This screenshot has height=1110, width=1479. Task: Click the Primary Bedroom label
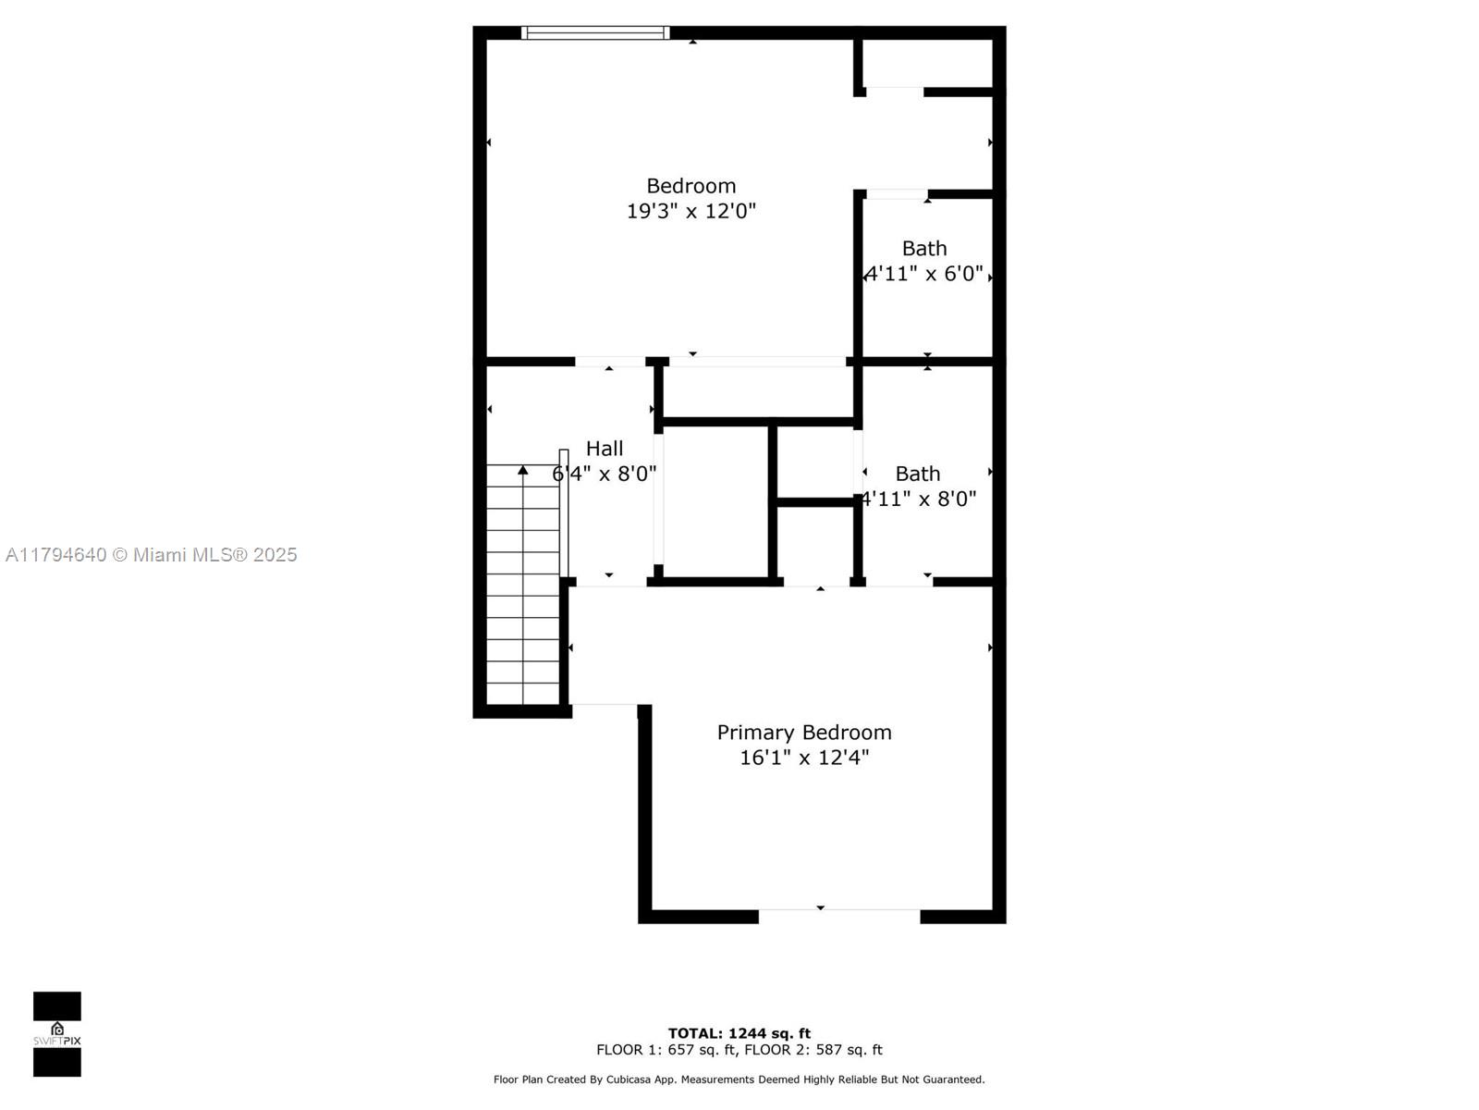pyautogui.click(x=804, y=733)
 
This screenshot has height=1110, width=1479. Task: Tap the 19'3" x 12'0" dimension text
pyautogui.click(x=691, y=211)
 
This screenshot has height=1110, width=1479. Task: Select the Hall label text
pyautogui.click(x=605, y=449)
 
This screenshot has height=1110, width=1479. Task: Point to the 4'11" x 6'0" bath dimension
pyautogui.click(x=923, y=274)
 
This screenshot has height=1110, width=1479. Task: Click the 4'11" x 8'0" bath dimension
pyautogui.click(x=918, y=499)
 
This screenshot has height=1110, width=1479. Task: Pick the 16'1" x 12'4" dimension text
pyautogui.click(x=804, y=758)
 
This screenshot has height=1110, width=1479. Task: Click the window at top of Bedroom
pyautogui.click(x=594, y=33)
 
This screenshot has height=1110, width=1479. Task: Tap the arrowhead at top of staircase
pyautogui.click(x=523, y=471)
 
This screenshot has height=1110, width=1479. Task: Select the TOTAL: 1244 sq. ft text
pyautogui.click(x=739, y=1033)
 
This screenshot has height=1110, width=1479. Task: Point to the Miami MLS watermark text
pyautogui.click(x=152, y=555)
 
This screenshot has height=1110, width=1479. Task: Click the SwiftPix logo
pyautogui.click(x=57, y=1034)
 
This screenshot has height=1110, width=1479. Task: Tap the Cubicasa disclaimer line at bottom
pyautogui.click(x=739, y=1079)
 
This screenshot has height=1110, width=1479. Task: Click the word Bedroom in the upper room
pyautogui.click(x=691, y=186)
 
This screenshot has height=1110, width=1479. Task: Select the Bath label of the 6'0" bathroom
pyautogui.click(x=924, y=249)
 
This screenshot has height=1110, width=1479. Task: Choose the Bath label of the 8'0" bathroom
pyautogui.click(x=918, y=474)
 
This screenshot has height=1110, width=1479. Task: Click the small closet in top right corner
pyautogui.click(x=927, y=63)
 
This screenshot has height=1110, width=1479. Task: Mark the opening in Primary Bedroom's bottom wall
pyautogui.click(x=839, y=916)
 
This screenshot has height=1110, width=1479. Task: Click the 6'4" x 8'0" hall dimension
pyautogui.click(x=605, y=474)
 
